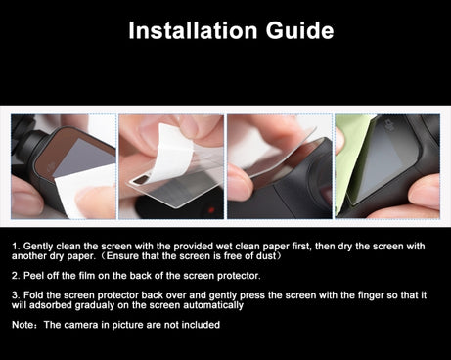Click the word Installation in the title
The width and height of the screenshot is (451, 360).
193,30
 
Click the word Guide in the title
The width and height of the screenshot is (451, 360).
299,31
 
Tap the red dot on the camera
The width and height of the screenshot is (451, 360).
210,209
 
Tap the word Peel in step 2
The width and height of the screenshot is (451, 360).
33,276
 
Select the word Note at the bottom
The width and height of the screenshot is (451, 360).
23,325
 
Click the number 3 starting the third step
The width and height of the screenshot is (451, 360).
15,295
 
